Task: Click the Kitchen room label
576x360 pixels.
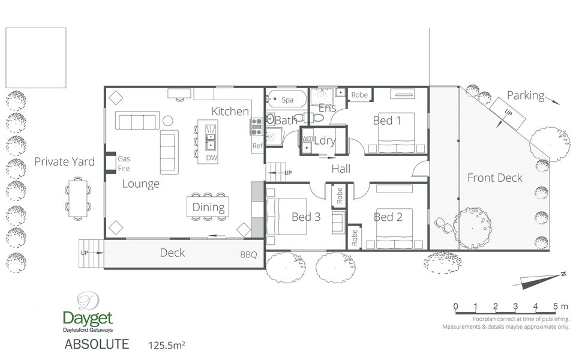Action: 230,112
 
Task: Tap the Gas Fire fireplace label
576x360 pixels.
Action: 124,163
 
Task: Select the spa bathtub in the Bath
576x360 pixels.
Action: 287,99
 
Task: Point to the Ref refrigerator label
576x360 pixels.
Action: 257,145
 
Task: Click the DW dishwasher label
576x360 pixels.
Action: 212,158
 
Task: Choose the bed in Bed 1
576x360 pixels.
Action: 397,133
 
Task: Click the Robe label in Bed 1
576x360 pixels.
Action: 359,95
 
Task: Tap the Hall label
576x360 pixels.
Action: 341,169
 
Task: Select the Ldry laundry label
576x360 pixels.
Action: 325,140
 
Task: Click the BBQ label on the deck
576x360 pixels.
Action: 248,254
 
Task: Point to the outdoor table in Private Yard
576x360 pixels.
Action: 78,199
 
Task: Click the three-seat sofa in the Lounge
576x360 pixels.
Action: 137,121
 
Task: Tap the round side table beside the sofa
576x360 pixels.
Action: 168,121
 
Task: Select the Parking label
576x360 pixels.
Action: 526,96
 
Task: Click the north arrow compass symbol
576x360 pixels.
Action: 540,280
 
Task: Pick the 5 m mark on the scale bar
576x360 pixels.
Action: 556,307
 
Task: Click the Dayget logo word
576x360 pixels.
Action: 88,319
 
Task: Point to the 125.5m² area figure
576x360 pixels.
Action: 166,346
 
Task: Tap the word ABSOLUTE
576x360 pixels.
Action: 97,344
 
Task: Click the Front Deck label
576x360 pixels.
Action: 494,178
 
